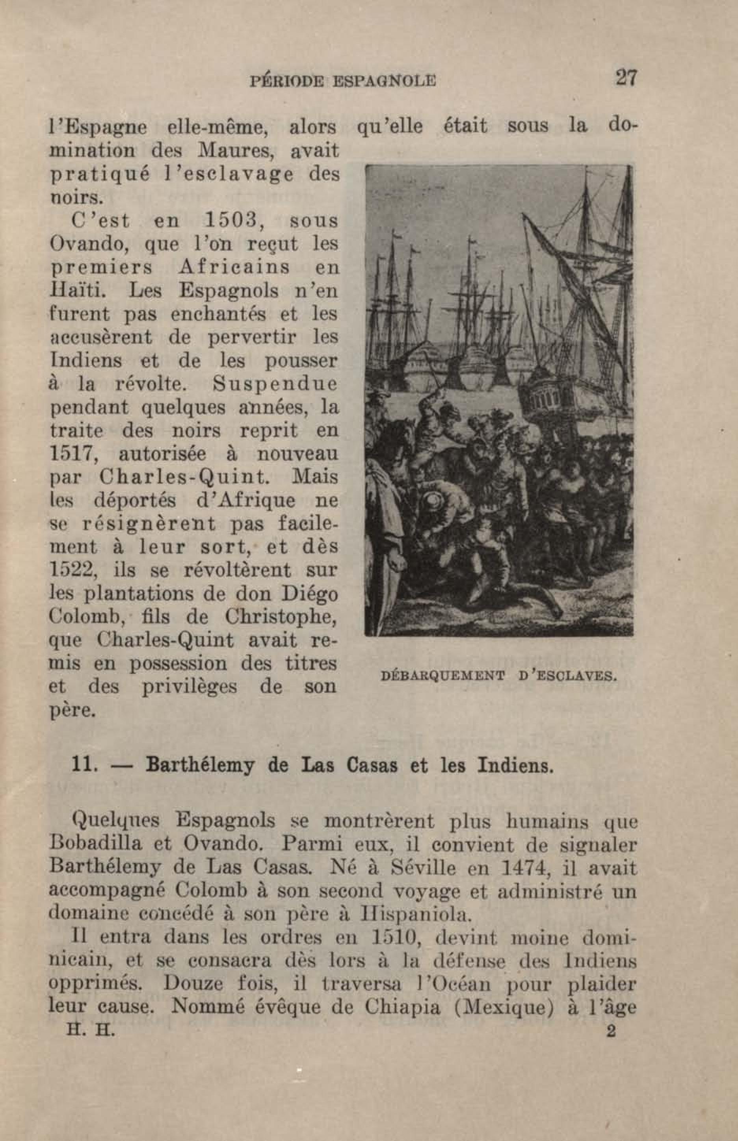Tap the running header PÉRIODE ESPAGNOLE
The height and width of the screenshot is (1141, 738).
click(x=343, y=80)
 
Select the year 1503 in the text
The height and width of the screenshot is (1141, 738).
click(x=231, y=221)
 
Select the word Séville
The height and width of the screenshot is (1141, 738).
click(x=423, y=866)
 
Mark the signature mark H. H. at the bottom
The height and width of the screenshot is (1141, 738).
click(x=91, y=1031)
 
